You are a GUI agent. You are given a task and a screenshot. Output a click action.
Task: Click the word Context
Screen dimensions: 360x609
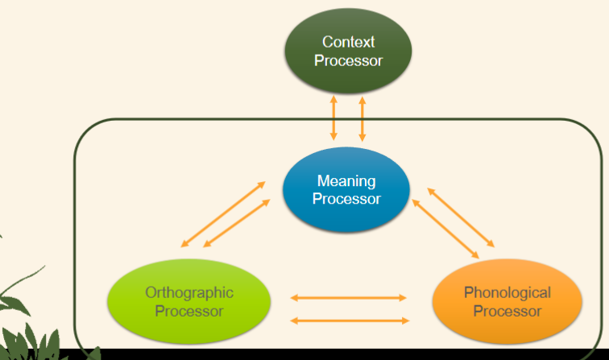[x=348, y=42]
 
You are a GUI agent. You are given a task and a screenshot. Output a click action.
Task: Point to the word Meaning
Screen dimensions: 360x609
[x=346, y=180]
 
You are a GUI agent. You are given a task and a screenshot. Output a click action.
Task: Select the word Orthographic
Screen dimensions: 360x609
[x=188, y=292]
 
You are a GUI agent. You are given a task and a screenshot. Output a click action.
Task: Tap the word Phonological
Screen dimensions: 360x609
[x=507, y=292]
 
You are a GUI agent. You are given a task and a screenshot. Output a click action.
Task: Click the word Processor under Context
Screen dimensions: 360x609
[x=348, y=60]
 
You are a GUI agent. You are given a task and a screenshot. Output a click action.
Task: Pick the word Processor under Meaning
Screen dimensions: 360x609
[x=346, y=198]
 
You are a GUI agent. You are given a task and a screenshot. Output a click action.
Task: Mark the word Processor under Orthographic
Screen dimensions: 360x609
[x=188, y=310]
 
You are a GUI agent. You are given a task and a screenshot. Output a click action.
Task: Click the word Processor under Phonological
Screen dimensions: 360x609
[x=507, y=310]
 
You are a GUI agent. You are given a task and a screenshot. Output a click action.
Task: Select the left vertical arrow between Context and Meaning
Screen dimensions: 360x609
[x=333, y=118]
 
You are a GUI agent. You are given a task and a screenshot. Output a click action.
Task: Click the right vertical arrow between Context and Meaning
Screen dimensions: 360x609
[x=362, y=118]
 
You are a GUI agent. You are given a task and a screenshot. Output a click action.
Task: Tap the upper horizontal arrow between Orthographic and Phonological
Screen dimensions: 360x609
[x=348, y=297]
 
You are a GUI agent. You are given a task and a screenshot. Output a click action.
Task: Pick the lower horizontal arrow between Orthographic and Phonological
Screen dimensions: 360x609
[x=348, y=321]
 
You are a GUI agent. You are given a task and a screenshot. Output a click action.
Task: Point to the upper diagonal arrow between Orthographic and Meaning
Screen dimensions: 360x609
[x=223, y=213]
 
